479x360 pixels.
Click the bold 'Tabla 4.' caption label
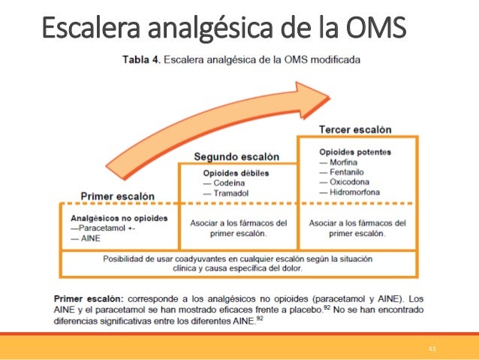click(140, 58)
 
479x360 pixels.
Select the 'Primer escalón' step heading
click(117, 196)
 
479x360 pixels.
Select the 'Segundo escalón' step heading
click(236, 156)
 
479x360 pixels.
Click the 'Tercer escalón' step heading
click(355, 129)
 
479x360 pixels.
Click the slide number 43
click(432, 349)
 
